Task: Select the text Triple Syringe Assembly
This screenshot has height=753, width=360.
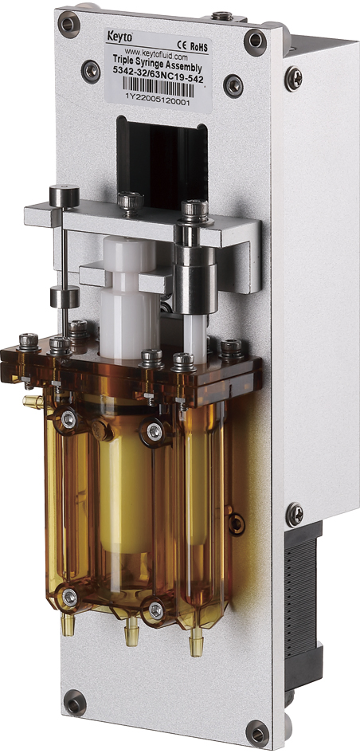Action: click(157, 61)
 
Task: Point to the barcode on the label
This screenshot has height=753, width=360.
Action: click(158, 85)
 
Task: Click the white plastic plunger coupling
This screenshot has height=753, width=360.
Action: click(129, 298)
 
